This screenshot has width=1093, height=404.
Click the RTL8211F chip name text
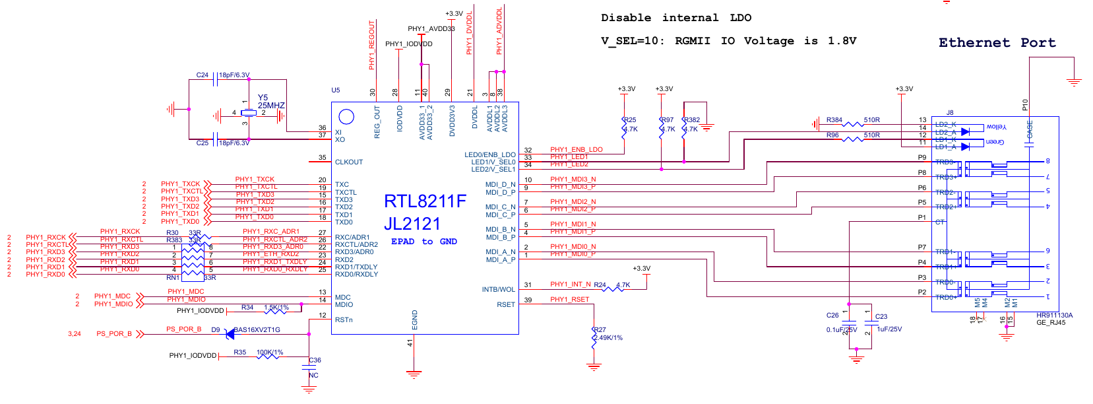pos(425,201)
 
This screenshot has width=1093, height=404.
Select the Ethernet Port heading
pos(997,43)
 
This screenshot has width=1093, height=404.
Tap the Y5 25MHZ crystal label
pos(270,102)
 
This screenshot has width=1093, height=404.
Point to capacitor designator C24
pos(203,75)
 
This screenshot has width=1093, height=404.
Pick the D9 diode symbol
pos(230,334)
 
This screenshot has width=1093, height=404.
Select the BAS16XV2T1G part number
pos(258,330)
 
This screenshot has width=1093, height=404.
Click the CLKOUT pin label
pos(349,162)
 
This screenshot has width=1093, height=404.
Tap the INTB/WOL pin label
pos(498,290)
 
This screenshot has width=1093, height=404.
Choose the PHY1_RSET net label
pos(569,300)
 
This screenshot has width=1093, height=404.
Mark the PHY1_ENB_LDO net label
pos(576,150)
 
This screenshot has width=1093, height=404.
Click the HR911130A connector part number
pos(1054,316)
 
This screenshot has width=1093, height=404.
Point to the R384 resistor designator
pos(834,120)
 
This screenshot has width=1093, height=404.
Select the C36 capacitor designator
pos(315,360)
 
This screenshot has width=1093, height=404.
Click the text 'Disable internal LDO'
pos(675,18)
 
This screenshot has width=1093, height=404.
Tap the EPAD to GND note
pos(423,242)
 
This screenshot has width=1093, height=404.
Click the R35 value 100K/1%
pos(270,353)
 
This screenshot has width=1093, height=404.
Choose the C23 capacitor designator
pos(881,317)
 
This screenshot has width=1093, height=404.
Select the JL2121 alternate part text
pos(412,224)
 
